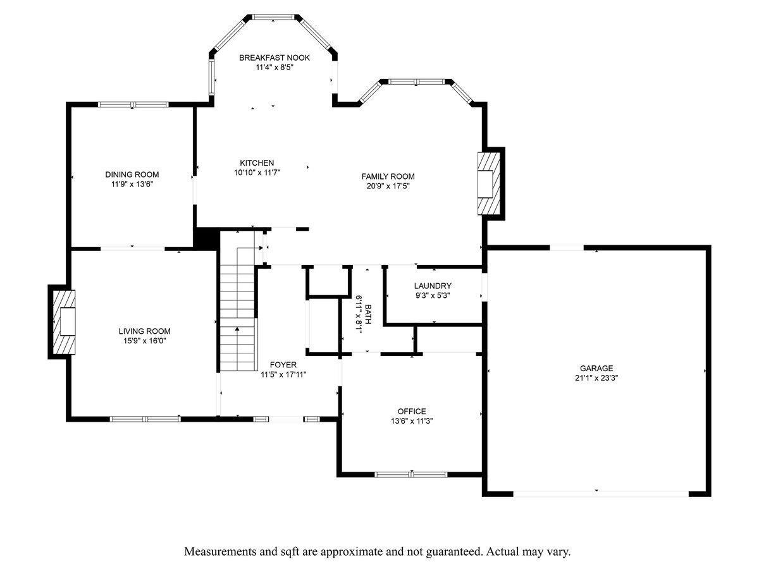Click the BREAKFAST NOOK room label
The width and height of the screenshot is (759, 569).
point(275,58)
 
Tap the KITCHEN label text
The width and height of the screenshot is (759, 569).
point(257,163)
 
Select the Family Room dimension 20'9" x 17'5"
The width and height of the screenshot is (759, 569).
point(388,187)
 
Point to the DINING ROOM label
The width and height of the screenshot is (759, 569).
point(132,174)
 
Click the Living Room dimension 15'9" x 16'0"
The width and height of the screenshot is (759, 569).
point(145,341)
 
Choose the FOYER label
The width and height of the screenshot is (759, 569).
point(283,365)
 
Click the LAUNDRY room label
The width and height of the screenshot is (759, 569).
point(433,286)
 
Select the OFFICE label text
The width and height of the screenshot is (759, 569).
point(412,411)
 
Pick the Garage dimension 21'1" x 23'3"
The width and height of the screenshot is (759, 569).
point(596,378)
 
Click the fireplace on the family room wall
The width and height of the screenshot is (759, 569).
point(489,183)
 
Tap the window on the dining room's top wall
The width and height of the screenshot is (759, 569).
point(133,104)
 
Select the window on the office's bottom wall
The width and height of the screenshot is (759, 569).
point(411,474)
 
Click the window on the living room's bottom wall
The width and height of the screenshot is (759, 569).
point(145,419)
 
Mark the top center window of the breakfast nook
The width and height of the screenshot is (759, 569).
point(273,17)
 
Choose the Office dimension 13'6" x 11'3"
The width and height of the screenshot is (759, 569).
point(412,421)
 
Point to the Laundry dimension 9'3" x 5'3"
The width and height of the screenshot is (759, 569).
point(433,295)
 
